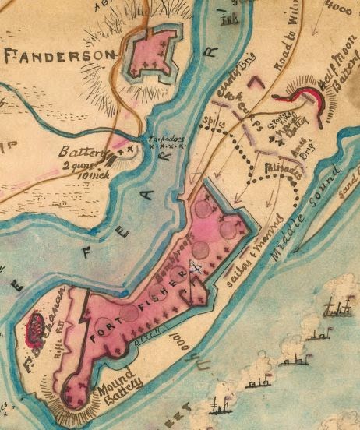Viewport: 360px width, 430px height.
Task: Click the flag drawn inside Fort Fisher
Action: point(196,269)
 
